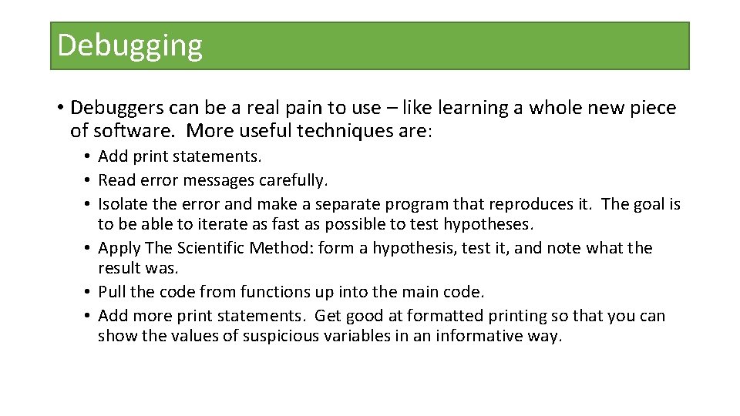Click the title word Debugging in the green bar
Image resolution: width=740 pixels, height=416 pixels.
129,46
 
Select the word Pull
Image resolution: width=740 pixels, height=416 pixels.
112,292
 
